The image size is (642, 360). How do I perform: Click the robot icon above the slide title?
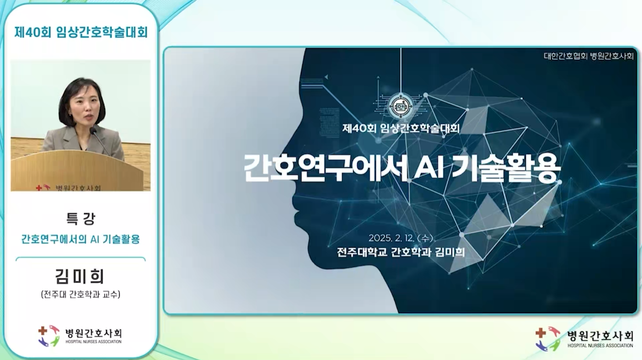401,106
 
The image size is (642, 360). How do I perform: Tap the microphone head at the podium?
93,131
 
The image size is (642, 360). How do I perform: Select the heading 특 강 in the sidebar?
81,219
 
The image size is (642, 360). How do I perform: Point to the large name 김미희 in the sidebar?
80,276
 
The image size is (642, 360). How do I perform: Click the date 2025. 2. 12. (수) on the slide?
401,238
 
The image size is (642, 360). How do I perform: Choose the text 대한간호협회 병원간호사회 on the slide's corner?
589,56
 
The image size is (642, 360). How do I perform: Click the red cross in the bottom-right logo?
540,333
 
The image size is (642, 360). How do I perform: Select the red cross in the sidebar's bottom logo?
43,331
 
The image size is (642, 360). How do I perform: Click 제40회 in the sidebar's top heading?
33,32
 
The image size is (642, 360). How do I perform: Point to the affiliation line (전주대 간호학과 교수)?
81,294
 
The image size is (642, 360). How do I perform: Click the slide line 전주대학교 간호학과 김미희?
401,252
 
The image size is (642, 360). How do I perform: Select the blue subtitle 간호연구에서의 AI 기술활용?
81,239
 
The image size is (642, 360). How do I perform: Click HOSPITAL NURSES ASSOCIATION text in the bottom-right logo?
600,346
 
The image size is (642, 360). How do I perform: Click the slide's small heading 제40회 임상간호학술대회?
401,128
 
